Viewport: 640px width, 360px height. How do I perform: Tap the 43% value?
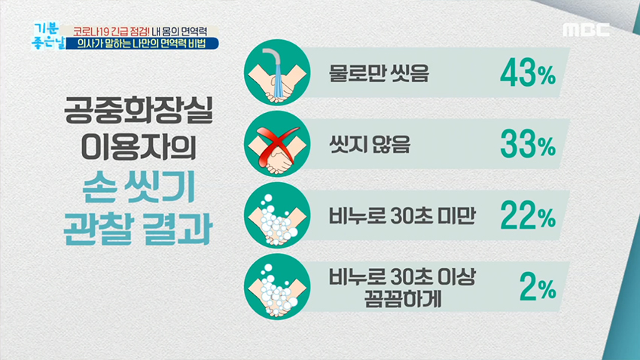tap(526, 75)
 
